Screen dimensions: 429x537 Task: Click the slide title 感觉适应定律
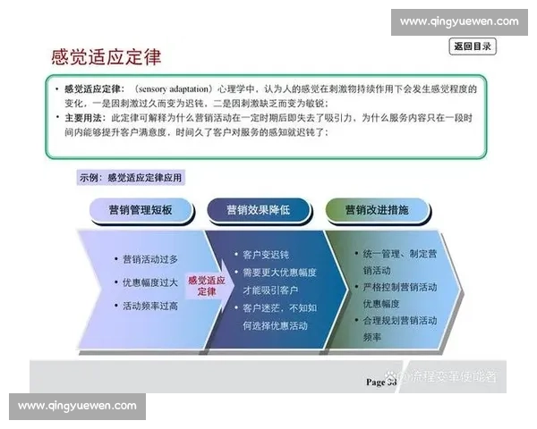[x=107, y=58]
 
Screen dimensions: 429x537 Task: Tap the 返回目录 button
[x=473, y=46]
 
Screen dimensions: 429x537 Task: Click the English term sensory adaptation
[x=175, y=89]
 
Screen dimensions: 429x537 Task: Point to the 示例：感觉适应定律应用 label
[x=131, y=178]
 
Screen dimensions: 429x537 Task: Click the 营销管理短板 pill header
[x=140, y=210]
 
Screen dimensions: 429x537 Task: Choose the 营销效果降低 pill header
[x=258, y=210]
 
